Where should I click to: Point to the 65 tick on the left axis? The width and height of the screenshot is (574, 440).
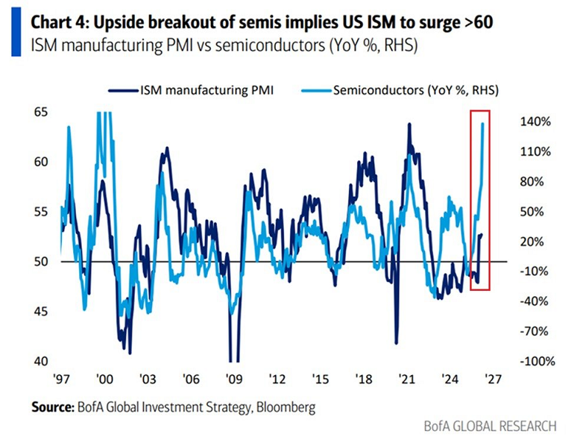point(42,112)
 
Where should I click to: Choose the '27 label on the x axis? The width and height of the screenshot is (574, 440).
point(492,378)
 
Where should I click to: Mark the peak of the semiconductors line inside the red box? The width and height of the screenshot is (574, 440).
point(483,124)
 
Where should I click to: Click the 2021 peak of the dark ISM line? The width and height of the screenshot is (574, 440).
point(409,124)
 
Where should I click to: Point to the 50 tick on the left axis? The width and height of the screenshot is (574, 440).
point(42,262)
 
